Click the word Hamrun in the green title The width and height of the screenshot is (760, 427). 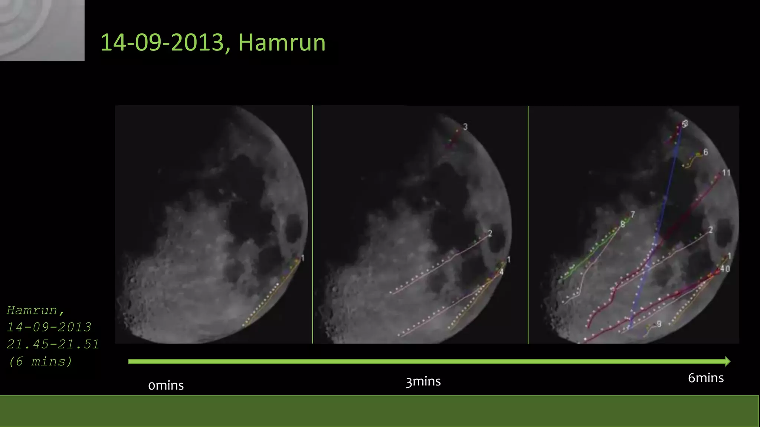(x=282, y=43)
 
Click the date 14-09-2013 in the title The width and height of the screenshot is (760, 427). (x=163, y=43)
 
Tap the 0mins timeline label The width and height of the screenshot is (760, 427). (x=166, y=385)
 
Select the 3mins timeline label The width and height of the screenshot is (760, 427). (x=423, y=381)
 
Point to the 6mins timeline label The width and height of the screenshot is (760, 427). (x=705, y=378)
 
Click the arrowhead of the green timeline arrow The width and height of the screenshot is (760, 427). (x=727, y=361)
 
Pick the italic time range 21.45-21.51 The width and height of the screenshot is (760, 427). (x=53, y=344)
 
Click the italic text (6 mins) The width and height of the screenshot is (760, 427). (x=40, y=361)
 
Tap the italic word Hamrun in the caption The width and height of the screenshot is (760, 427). (x=32, y=310)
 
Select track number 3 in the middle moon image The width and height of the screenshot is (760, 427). (x=465, y=127)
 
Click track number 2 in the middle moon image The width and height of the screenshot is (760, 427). (x=490, y=233)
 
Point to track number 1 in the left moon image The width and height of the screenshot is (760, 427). (x=302, y=258)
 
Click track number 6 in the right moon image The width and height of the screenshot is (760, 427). (x=705, y=152)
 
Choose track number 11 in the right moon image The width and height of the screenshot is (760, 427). (x=726, y=173)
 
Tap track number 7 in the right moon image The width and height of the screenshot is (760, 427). (x=633, y=214)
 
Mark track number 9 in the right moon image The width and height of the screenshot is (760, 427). (x=659, y=324)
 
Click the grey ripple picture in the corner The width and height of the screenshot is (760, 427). (x=42, y=30)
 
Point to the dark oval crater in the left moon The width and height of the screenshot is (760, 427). (x=293, y=228)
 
